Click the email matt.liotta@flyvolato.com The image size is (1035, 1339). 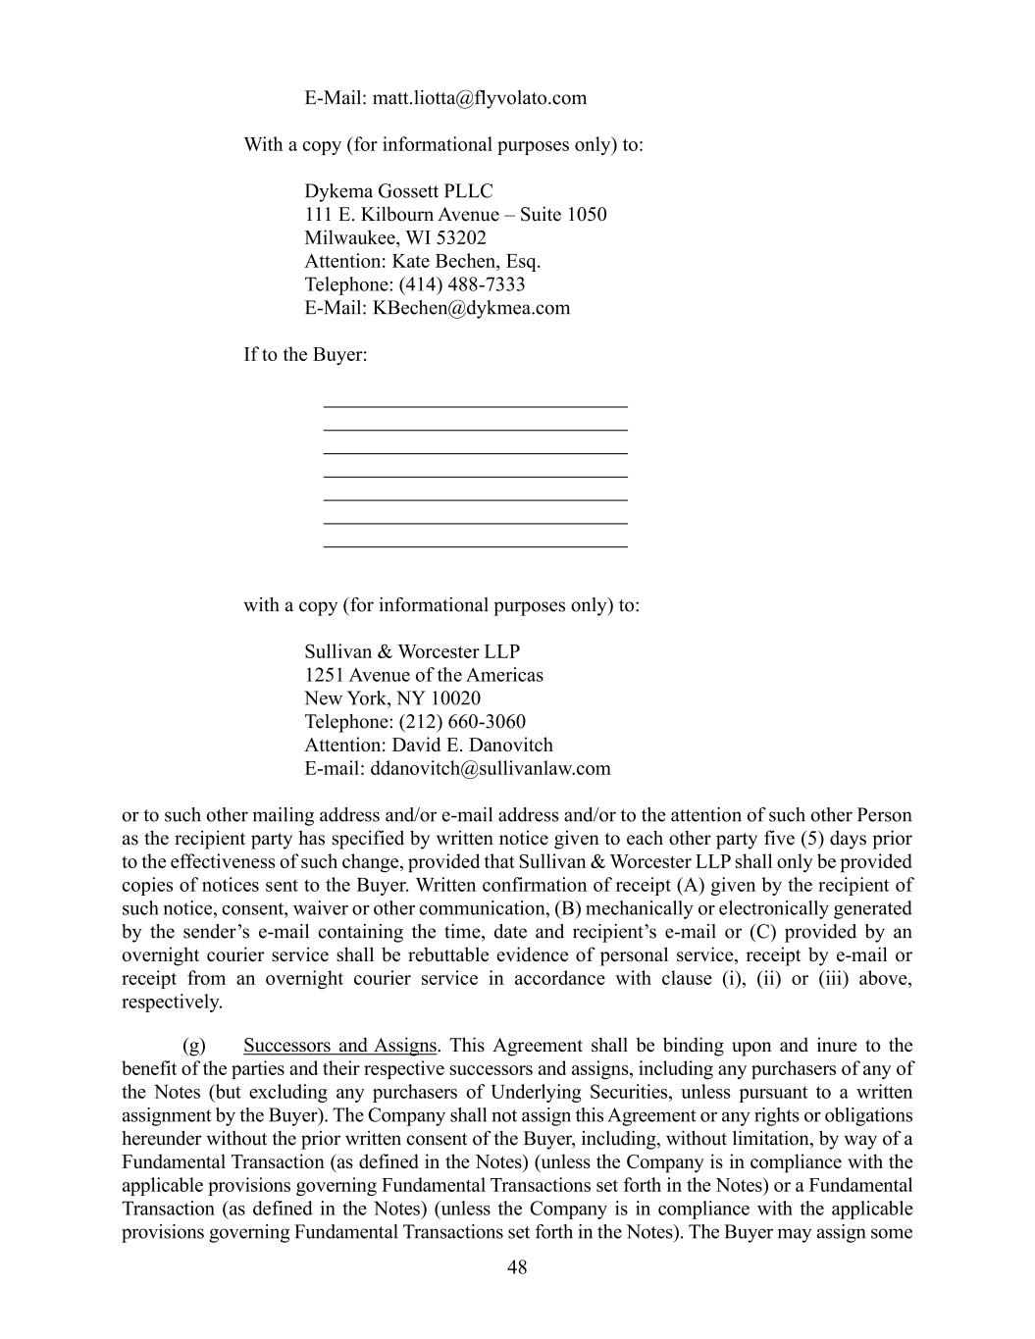pyautogui.click(x=479, y=98)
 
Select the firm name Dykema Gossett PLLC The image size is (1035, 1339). pyautogui.click(x=398, y=191)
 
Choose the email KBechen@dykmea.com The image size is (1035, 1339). pyautogui.click(x=471, y=308)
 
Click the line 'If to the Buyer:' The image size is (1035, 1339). pyautogui.click(x=305, y=354)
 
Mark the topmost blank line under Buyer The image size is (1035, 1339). pyautogui.click(x=475, y=404)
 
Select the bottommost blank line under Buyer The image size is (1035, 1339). pyautogui.click(x=475, y=545)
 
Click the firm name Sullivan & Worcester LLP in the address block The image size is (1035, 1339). pyautogui.click(x=412, y=652)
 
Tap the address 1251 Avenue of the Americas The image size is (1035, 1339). pyautogui.click(x=423, y=675)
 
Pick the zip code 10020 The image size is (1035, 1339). pyautogui.click(x=455, y=698)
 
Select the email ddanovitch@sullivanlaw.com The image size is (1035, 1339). pyautogui.click(x=490, y=769)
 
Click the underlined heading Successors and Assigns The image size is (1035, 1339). pyautogui.click(x=339, y=1046)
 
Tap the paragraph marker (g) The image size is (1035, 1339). pyautogui.click(x=194, y=1046)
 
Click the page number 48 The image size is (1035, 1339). pyautogui.click(x=517, y=1267)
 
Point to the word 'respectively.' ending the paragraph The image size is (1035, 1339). pyautogui.click(x=172, y=1003)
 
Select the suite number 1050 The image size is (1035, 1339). pyautogui.click(x=587, y=215)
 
